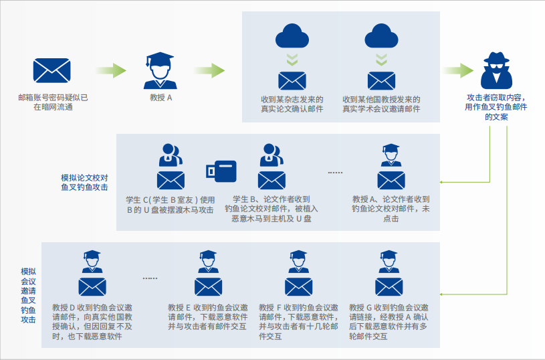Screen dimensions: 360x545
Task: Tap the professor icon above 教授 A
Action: [x=160, y=70]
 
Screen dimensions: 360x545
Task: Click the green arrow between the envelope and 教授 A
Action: [x=111, y=70]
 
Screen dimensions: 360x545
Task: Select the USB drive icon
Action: [x=221, y=171]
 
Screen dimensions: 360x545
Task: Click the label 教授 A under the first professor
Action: [x=160, y=98]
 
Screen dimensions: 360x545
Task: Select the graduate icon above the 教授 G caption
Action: [x=389, y=262]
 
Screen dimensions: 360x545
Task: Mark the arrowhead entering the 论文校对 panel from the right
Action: [x=443, y=181]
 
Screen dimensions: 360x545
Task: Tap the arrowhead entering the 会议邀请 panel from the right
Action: [x=443, y=293]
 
